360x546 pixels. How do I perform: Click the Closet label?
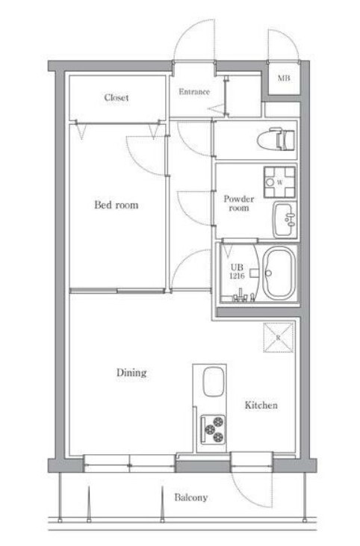(117, 98)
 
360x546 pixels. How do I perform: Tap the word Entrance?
(194, 92)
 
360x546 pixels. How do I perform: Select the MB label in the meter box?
(284, 78)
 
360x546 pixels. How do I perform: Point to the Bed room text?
(117, 205)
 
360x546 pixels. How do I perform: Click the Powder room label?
(239, 203)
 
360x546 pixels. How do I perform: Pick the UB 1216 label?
(237, 272)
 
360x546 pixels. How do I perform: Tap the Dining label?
(131, 373)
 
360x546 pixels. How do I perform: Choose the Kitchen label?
(261, 405)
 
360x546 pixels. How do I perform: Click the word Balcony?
(190, 497)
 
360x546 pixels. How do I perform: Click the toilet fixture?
(276, 139)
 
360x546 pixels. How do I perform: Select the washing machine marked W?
(279, 182)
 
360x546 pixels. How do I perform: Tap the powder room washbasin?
(285, 220)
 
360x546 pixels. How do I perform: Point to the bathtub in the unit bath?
(279, 273)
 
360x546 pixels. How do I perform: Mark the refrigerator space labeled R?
(278, 338)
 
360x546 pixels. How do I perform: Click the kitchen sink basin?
(213, 382)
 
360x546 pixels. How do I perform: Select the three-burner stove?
(212, 429)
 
